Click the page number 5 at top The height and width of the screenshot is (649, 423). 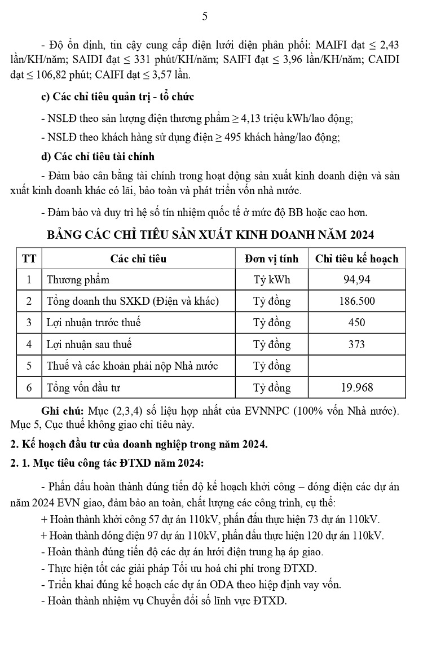205,16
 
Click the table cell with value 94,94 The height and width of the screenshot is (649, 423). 356,279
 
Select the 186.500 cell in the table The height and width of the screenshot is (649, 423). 356,301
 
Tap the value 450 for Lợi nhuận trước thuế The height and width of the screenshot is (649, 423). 356,323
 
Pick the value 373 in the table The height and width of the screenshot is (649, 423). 356,344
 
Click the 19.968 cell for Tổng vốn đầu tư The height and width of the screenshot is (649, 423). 356,388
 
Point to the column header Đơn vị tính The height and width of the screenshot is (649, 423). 271,258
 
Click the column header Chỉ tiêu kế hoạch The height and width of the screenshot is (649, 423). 356,258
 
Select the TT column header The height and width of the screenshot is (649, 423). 29,258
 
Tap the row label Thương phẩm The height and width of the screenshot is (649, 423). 78,280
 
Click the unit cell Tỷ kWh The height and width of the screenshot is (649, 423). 271,280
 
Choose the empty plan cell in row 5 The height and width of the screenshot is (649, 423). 356,366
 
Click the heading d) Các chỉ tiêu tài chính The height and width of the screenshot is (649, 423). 98,156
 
